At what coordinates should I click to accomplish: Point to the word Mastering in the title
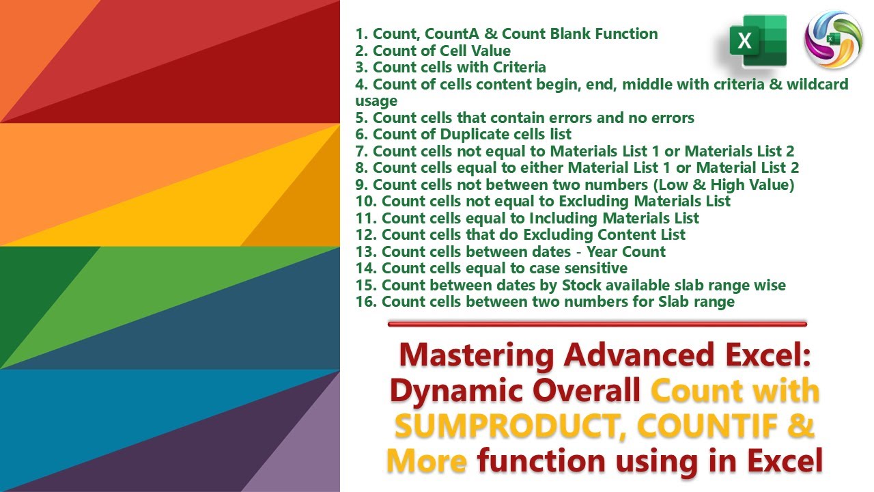[x=476, y=355]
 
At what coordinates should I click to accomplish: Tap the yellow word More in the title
[x=427, y=462]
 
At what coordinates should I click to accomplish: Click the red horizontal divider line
[x=597, y=324]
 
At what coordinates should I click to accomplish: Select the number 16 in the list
[x=365, y=301]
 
